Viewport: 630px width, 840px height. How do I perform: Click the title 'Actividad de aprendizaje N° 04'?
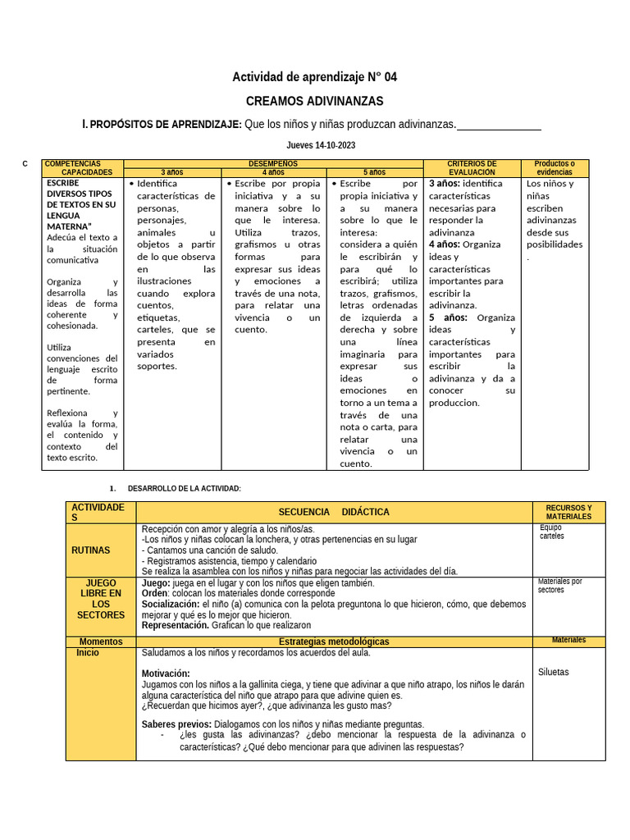point(315,77)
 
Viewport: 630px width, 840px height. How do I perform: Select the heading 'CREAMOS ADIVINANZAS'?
point(315,101)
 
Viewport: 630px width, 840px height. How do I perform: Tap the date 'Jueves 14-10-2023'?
point(315,145)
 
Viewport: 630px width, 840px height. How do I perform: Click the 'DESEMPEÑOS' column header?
point(273,163)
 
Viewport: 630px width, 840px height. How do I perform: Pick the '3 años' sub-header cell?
point(172,172)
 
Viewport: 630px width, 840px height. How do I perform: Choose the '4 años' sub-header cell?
point(273,172)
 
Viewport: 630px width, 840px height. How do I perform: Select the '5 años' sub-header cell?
point(374,172)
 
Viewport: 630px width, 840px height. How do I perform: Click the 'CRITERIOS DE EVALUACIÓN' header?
point(472,168)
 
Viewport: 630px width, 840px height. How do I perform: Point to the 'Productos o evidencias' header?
point(555,168)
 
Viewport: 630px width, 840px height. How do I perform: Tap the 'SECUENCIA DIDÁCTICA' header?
point(334,512)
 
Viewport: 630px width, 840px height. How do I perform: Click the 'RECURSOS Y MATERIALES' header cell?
point(568,512)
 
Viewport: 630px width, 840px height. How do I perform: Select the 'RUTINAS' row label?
point(101,550)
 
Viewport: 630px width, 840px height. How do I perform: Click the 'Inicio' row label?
point(88,653)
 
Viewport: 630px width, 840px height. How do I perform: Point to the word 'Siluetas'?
point(553,672)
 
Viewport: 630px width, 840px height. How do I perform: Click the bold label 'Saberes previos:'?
point(176,724)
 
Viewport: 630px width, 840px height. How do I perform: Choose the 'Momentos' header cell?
point(101,641)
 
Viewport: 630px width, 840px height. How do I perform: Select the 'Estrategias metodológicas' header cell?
point(334,641)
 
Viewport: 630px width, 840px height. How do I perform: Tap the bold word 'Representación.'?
point(176,625)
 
